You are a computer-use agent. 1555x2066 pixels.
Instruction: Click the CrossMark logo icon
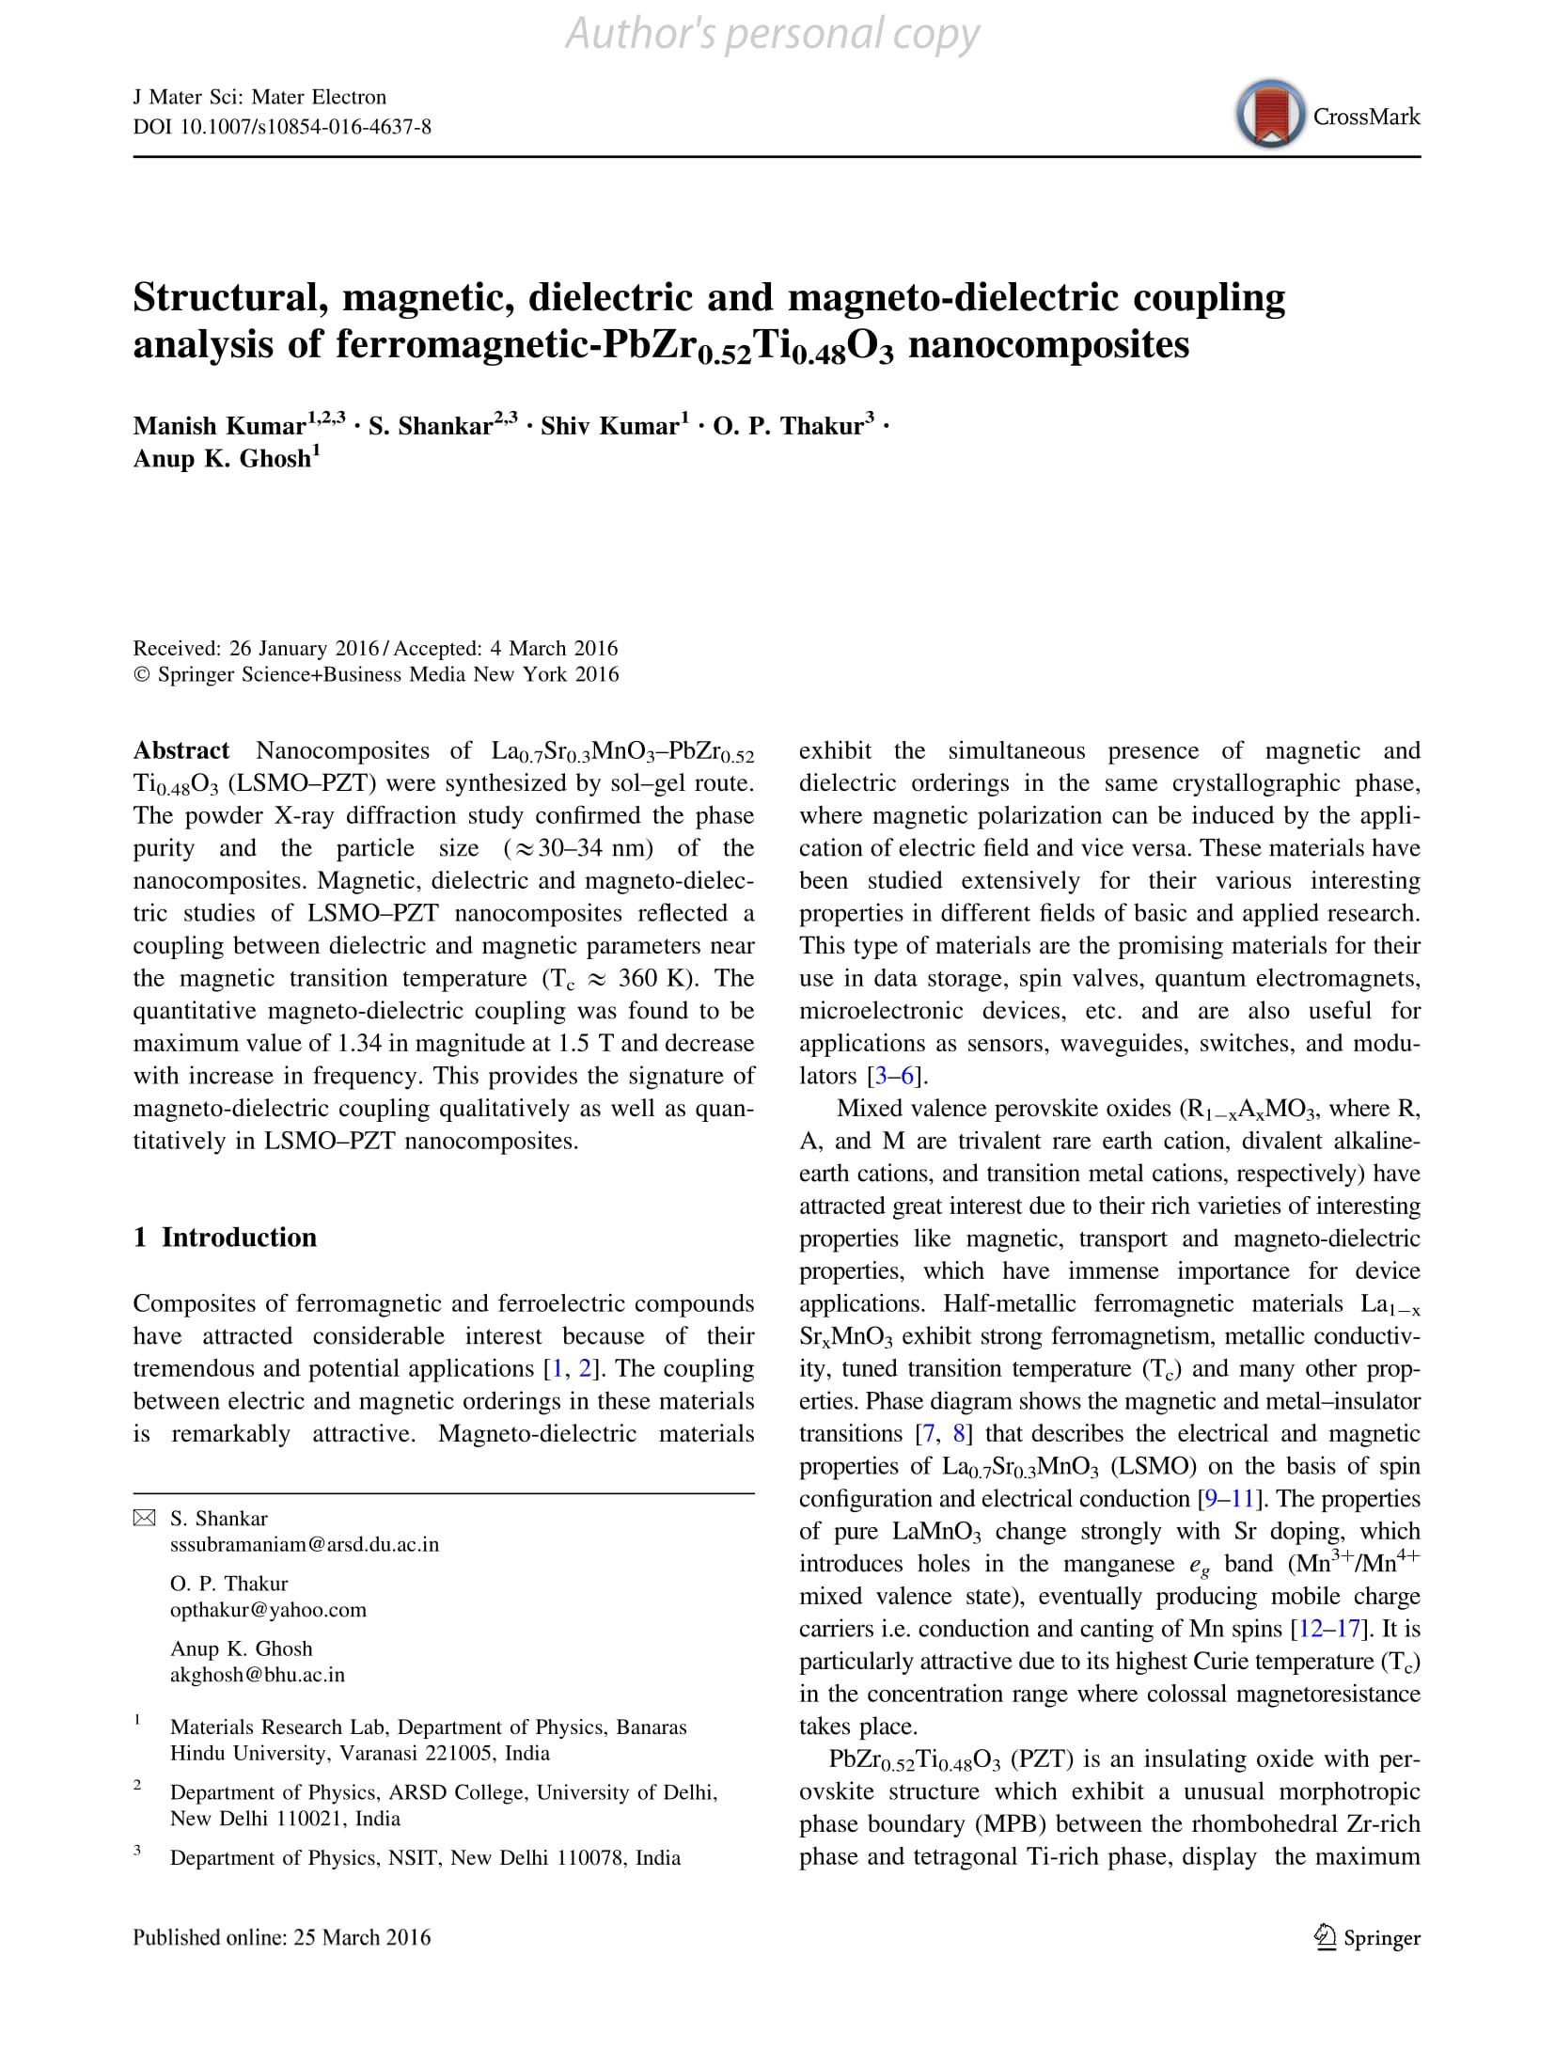pos(1270,115)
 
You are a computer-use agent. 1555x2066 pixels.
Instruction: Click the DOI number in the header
pos(282,126)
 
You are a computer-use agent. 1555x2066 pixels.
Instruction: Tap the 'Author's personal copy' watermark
pos(772,35)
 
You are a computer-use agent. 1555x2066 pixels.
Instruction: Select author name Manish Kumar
pos(219,426)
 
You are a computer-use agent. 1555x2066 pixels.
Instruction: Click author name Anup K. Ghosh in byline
pos(222,459)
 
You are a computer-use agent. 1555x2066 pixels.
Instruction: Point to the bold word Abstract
pos(181,751)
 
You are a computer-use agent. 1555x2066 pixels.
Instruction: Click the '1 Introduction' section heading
pos(225,1238)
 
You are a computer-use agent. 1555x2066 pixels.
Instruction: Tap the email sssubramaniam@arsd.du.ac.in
pos(304,1544)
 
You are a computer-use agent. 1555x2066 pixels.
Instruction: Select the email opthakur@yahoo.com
pos(268,1609)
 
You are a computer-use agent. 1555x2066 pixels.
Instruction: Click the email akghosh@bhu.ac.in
pos(257,1674)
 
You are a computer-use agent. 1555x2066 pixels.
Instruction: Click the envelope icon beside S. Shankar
pos(144,1518)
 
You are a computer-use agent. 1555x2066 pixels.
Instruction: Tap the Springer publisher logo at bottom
pos(1367,1938)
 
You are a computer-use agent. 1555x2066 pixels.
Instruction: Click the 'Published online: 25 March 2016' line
pos(281,1937)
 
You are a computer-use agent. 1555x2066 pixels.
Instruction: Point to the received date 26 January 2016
pos(304,648)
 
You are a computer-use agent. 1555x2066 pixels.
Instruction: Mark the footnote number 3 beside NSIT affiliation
pos(137,1851)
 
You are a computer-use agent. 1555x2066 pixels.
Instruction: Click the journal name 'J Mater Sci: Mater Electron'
pos(259,97)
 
